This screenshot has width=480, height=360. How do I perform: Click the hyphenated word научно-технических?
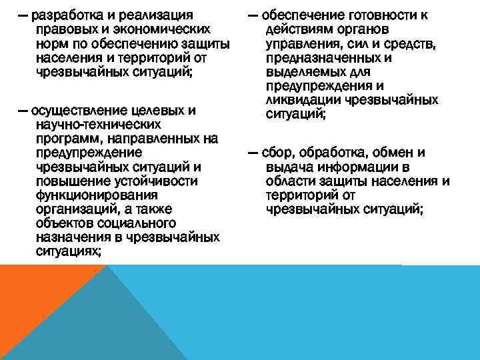point(91,125)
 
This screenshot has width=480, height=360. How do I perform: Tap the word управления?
point(302,43)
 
